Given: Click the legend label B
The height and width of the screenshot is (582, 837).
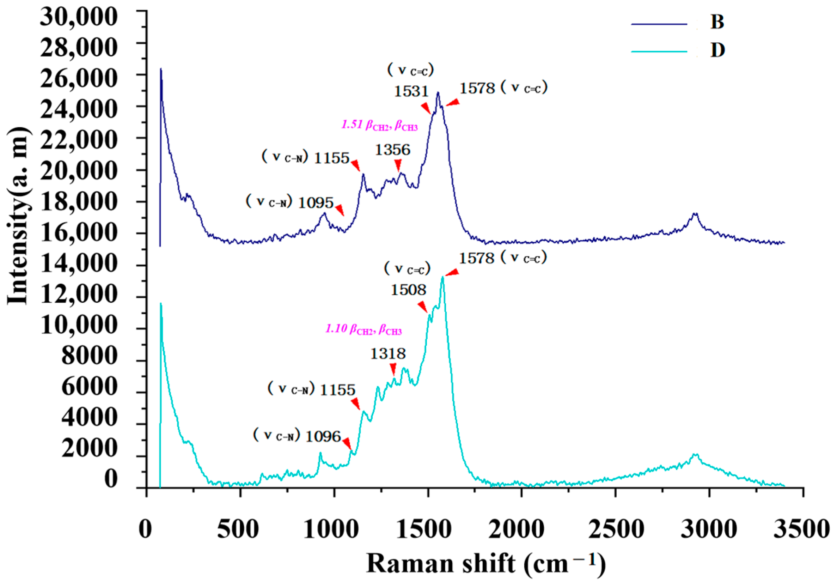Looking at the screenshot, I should point(717,22).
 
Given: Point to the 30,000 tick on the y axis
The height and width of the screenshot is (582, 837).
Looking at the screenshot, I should point(78,17).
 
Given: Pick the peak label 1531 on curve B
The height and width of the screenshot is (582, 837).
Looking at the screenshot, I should point(411,91).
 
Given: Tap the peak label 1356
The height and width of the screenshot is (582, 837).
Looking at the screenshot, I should point(392,150).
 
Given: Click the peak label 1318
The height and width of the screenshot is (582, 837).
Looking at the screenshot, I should point(388,354).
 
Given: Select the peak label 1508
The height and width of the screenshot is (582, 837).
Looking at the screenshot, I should point(408,290).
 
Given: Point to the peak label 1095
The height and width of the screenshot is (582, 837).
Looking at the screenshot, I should point(316,203).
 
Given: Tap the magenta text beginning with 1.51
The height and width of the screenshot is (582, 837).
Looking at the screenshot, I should point(379,125).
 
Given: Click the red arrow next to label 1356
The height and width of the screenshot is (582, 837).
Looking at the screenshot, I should point(398,166).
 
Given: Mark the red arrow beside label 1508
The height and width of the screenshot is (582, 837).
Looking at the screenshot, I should point(423,306).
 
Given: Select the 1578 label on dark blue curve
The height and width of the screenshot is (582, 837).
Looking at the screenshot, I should point(477,88).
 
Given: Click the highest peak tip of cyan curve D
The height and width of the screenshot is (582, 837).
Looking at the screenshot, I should point(442,277).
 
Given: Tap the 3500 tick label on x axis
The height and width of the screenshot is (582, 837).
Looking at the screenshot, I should point(802,530).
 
